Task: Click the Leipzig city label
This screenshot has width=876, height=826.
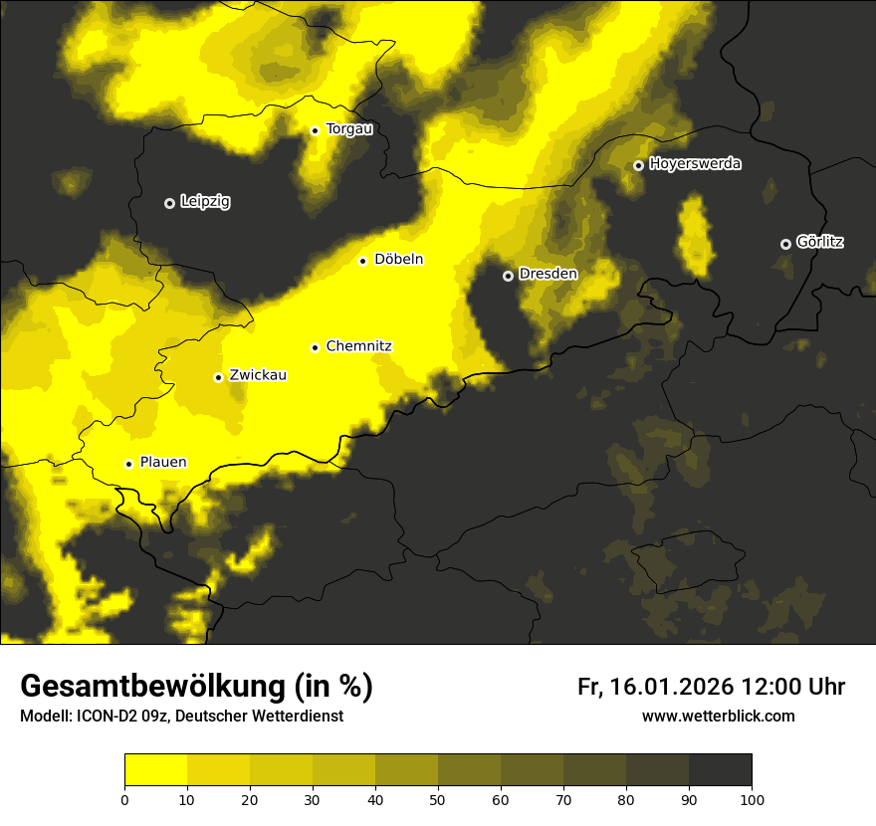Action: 205,202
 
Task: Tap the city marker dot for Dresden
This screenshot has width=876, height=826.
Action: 508,276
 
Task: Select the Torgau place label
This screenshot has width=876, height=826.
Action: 348,129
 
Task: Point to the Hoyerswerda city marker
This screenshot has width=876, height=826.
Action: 638,165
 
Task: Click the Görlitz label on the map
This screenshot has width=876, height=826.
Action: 820,242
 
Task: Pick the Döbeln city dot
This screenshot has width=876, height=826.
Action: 362,261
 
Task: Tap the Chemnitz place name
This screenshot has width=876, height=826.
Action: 358,346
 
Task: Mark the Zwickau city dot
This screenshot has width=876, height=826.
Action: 218,377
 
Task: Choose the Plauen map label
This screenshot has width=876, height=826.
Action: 163,463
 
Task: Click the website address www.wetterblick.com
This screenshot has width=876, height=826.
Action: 718,717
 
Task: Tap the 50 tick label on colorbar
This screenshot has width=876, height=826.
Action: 438,799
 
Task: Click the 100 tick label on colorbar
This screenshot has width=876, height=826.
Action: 752,799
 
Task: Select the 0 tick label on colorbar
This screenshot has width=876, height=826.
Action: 124,799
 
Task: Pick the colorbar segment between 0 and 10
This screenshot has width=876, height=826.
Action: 155,770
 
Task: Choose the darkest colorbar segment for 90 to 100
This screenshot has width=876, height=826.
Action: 720,770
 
